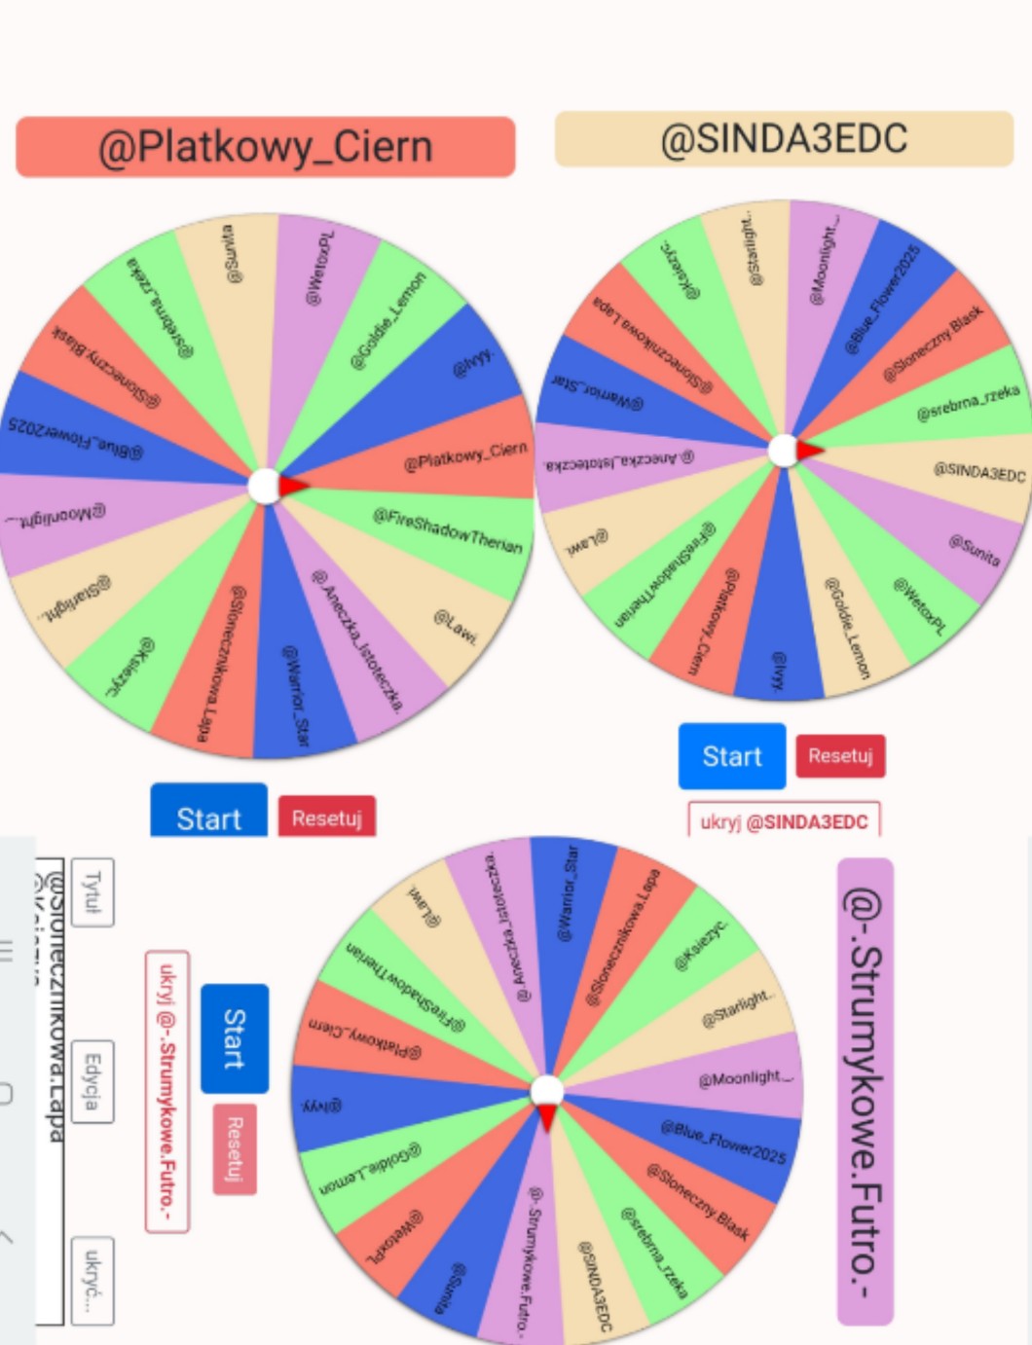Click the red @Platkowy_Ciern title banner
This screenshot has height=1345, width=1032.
tap(265, 147)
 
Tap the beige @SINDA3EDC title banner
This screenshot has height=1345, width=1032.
tap(784, 139)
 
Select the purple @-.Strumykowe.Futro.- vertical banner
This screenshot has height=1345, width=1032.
tap(865, 1090)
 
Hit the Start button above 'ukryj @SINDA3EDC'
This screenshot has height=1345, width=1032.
tap(732, 756)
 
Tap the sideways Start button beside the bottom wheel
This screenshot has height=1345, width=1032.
tap(235, 1038)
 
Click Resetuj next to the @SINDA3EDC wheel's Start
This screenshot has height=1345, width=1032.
tap(840, 756)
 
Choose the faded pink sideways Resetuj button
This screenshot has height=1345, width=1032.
tap(235, 1148)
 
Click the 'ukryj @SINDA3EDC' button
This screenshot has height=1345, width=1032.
tap(784, 821)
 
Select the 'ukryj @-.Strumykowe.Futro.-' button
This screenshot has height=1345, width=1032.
tap(167, 1090)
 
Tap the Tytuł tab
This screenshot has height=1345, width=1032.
tap(92, 891)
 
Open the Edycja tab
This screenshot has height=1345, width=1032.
tap(92, 1080)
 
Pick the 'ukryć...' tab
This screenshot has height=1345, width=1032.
tap(92, 1280)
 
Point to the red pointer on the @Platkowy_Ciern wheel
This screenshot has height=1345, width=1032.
tap(293, 486)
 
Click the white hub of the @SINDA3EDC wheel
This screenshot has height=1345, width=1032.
tap(783, 451)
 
